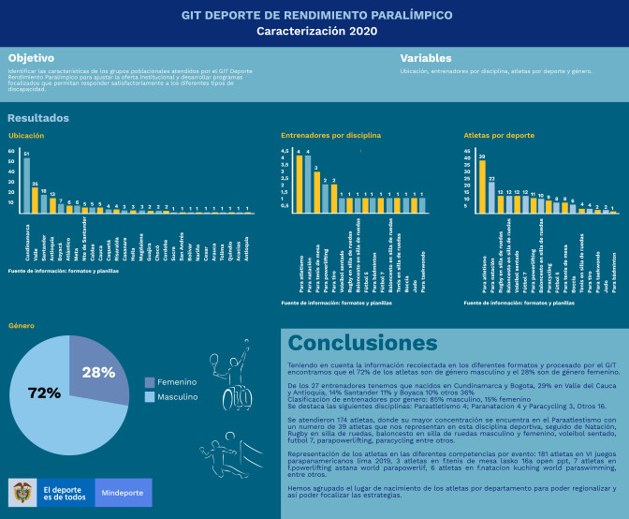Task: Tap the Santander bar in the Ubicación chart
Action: point(44,203)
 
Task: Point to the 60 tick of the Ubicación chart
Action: point(11,151)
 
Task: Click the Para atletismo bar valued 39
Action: point(482,186)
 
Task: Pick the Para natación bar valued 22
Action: point(491,197)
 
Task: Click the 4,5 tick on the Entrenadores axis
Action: point(285,150)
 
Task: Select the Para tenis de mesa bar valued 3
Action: point(316,192)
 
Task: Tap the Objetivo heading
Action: point(31,58)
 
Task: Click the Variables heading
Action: point(426,58)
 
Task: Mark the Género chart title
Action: point(22,326)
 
